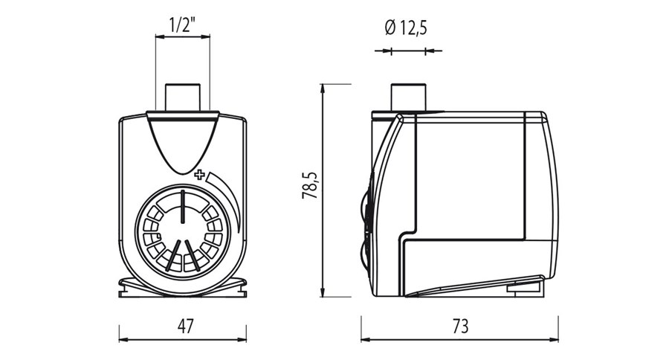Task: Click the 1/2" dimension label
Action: point(182,25)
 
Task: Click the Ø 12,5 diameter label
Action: point(407,29)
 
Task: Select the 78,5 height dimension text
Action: point(311,185)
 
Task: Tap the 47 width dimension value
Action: point(183,326)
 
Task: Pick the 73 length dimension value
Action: point(460,326)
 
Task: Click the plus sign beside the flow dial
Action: point(199,176)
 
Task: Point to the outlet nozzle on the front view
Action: point(183,97)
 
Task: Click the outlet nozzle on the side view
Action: point(407,97)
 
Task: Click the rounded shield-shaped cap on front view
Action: point(182,141)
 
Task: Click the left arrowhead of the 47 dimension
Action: point(123,339)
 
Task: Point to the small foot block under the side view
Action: point(525,285)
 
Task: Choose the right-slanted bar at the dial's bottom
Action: point(193,255)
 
